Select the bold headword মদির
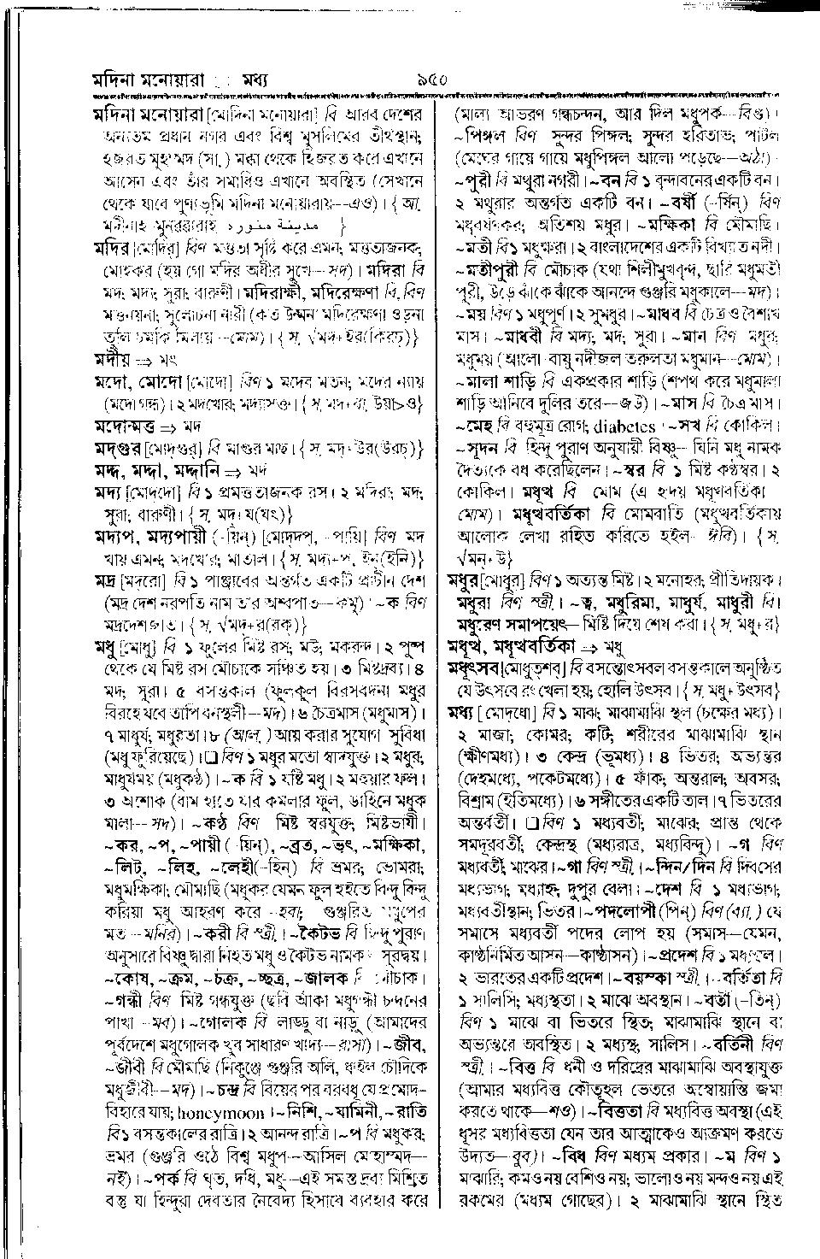pos(113,250)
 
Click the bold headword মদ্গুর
pos(118,446)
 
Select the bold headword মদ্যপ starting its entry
pos(116,536)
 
